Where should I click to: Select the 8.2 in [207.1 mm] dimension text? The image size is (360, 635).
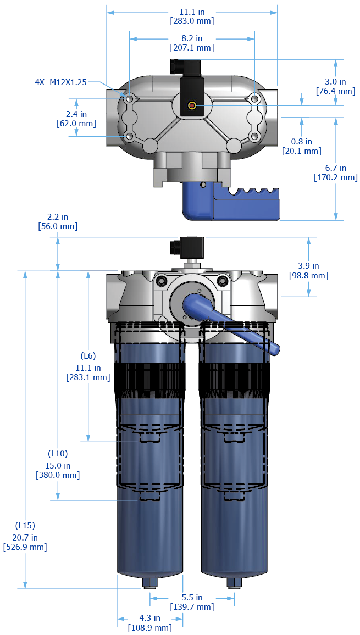191,43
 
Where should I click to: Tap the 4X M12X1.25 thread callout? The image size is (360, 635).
60,82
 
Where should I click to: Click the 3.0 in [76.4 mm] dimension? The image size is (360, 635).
335,86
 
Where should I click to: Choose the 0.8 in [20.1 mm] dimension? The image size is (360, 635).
301,146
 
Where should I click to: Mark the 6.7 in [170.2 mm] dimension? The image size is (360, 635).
335,172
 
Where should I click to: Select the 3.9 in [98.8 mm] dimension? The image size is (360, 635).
308,271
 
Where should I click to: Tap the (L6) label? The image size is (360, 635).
88,355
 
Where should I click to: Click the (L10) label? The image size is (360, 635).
58,454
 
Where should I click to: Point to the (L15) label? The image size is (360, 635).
25,525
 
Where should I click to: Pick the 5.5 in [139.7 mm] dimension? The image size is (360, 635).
191,602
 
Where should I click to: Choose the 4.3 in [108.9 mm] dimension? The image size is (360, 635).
149,623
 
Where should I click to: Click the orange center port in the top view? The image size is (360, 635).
192,105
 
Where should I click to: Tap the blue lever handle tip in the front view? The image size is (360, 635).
273,348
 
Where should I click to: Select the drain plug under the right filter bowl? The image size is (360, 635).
235,583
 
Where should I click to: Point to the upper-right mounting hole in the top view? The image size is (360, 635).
254,99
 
